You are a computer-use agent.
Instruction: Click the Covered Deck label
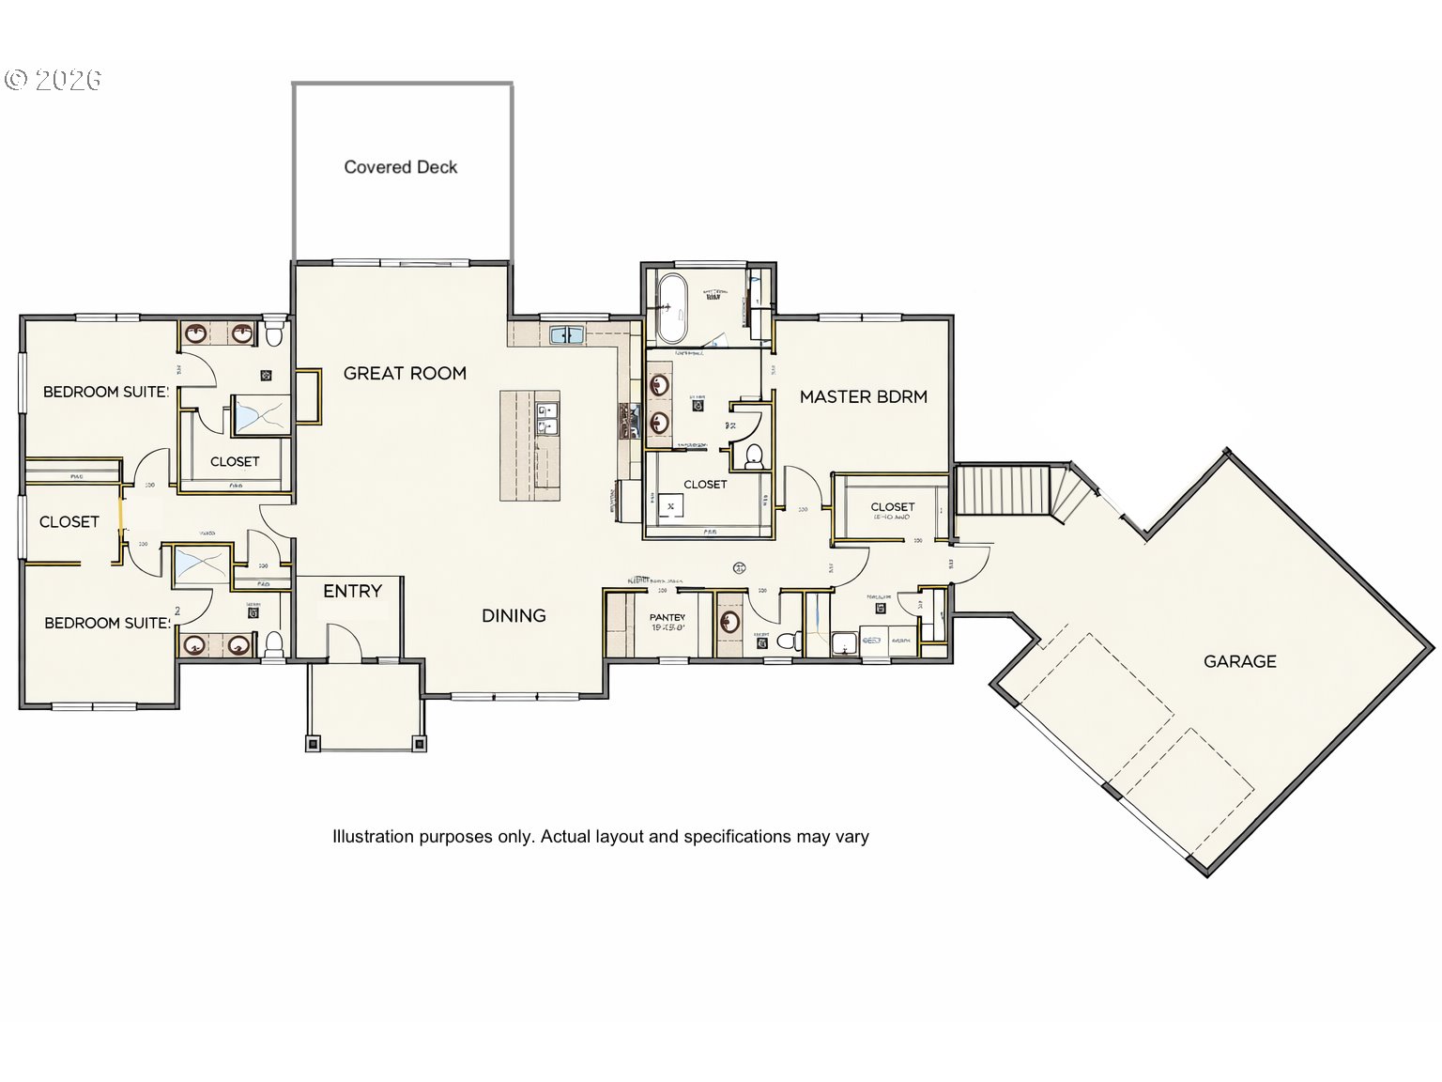(x=400, y=167)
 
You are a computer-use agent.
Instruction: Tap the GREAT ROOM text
(x=405, y=373)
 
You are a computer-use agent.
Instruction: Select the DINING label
(x=514, y=615)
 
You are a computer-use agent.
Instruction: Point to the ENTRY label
(x=352, y=591)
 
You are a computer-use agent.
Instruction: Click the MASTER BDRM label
(x=863, y=396)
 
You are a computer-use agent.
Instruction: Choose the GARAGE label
(x=1239, y=661)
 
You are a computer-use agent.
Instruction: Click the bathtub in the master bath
(x=672, y=307)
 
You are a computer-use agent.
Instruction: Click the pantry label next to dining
(x=667, y=618)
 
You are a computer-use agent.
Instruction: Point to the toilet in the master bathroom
(x=753, y=456)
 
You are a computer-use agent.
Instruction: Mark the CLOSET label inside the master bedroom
(x=892, y=507)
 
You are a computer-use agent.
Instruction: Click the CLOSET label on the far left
(x=69, y=521)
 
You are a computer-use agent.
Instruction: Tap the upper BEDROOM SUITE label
(x=106, y=392)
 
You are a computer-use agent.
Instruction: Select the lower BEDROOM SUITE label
(x=108, y=623)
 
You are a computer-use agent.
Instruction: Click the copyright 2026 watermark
(x=54, y=80)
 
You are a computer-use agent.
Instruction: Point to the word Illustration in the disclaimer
(x=373, y=836)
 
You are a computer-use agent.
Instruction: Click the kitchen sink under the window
(x=566, y=334)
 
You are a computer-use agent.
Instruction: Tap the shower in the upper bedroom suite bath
(x=260, y=416)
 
